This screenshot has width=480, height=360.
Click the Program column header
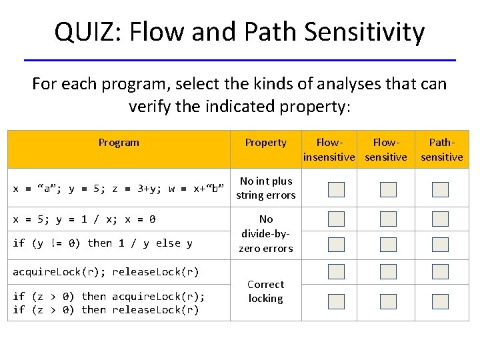[x=119, y=142]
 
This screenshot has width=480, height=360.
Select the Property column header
[x=265, y=142]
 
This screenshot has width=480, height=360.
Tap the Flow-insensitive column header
[x=329, y=149]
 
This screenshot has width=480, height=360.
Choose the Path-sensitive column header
[x=441, y=149]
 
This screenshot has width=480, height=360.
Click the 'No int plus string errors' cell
[x=266, y=188]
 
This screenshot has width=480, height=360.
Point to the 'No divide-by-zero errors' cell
[x=266, y=233]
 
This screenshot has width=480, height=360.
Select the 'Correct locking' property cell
[x=265, y=291]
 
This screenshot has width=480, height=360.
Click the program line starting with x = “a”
[x=119, y=189]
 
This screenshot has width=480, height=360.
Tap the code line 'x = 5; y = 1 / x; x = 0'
[x=85, y=219]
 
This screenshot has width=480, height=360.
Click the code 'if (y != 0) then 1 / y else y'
[x=103, y=243]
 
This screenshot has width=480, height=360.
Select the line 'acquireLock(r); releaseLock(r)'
[x=106, y=272]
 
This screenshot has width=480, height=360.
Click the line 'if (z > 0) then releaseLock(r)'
[x=106, y=310]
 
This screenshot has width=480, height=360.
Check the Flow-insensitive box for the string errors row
[x=337, y=190]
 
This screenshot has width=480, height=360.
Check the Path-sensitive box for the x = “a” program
[x=440, y=190]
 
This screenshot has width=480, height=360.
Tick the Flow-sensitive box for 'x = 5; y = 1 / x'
[x=388, y=219]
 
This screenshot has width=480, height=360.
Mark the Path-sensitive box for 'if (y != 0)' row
[x=440, y=245]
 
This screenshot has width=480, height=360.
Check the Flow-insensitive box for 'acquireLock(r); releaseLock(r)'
[x=337, y=272]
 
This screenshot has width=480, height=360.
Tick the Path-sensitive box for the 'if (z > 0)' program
[x=440, y=301]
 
